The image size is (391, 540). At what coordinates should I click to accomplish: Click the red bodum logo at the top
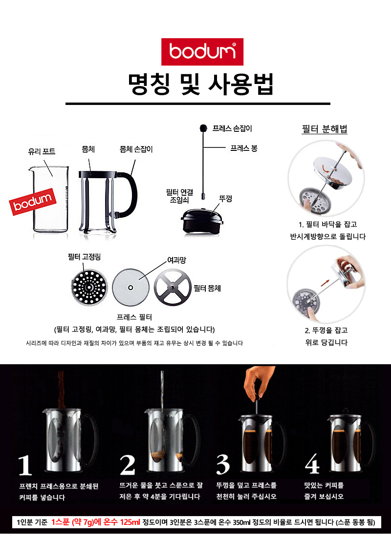pos(202,52)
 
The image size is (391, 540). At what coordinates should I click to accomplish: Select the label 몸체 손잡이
pos(136,149)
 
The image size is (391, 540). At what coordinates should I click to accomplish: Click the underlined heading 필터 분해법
pos(325,130)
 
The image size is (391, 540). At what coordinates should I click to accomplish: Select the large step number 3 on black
pos(223,464)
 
